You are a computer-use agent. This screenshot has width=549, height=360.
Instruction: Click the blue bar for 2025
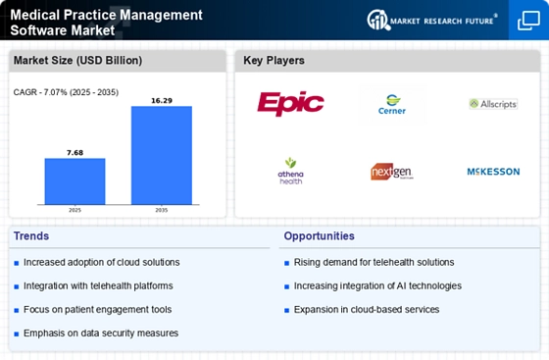point(75,181)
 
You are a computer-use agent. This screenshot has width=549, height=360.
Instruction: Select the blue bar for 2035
point(162,155)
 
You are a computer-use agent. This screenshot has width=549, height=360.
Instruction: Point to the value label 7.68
point(75,153)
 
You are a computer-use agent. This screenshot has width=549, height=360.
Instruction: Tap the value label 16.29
point(162,101)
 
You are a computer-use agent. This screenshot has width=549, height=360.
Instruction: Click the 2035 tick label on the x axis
point(162,210)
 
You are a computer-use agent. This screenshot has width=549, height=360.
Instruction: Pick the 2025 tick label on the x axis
point(75,210)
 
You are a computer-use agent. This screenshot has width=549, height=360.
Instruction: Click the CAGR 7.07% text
point(66,92)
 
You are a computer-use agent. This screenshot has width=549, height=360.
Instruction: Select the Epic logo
point(290,104)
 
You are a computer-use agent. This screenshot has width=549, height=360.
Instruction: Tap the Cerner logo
point(392,104)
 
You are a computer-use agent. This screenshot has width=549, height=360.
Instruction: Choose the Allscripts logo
point(493,104)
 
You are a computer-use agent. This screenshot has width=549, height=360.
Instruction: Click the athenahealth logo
point(290,172)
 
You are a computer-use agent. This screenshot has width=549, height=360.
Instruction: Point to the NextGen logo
point(392,172)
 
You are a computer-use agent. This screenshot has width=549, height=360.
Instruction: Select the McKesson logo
point(493,172)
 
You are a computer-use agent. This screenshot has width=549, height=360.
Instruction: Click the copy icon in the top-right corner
point(528,21)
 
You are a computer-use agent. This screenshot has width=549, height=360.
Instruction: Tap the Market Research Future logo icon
point(378,20)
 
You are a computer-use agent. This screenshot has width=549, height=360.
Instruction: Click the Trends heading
point(31,236)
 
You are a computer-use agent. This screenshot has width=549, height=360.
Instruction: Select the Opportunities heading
point(319,236)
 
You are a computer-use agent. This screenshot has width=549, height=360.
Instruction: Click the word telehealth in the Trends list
point(111,286)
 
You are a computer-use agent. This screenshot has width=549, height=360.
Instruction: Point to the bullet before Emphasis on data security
point(16,334)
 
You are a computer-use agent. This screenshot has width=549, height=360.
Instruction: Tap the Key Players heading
point(274,60)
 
